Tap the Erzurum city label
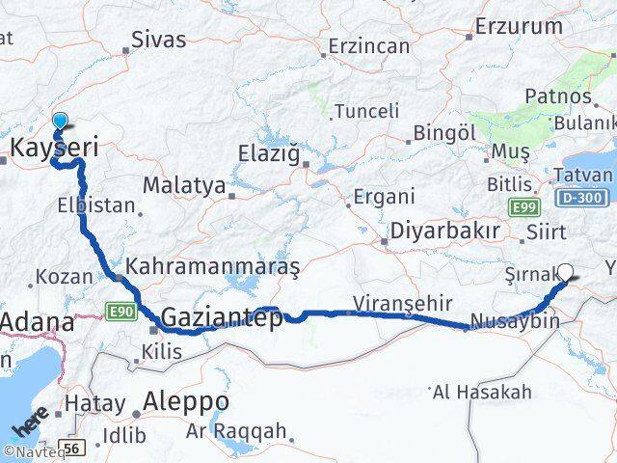tap(517, 26)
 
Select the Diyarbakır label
tap(444, 231)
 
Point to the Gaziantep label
tap(222, 316)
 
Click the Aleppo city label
tap(185, 400)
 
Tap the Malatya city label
tap(184, 184)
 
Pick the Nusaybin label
tap(516, 319)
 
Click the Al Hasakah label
tap(482, 392)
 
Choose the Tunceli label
tap(365, 111)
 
